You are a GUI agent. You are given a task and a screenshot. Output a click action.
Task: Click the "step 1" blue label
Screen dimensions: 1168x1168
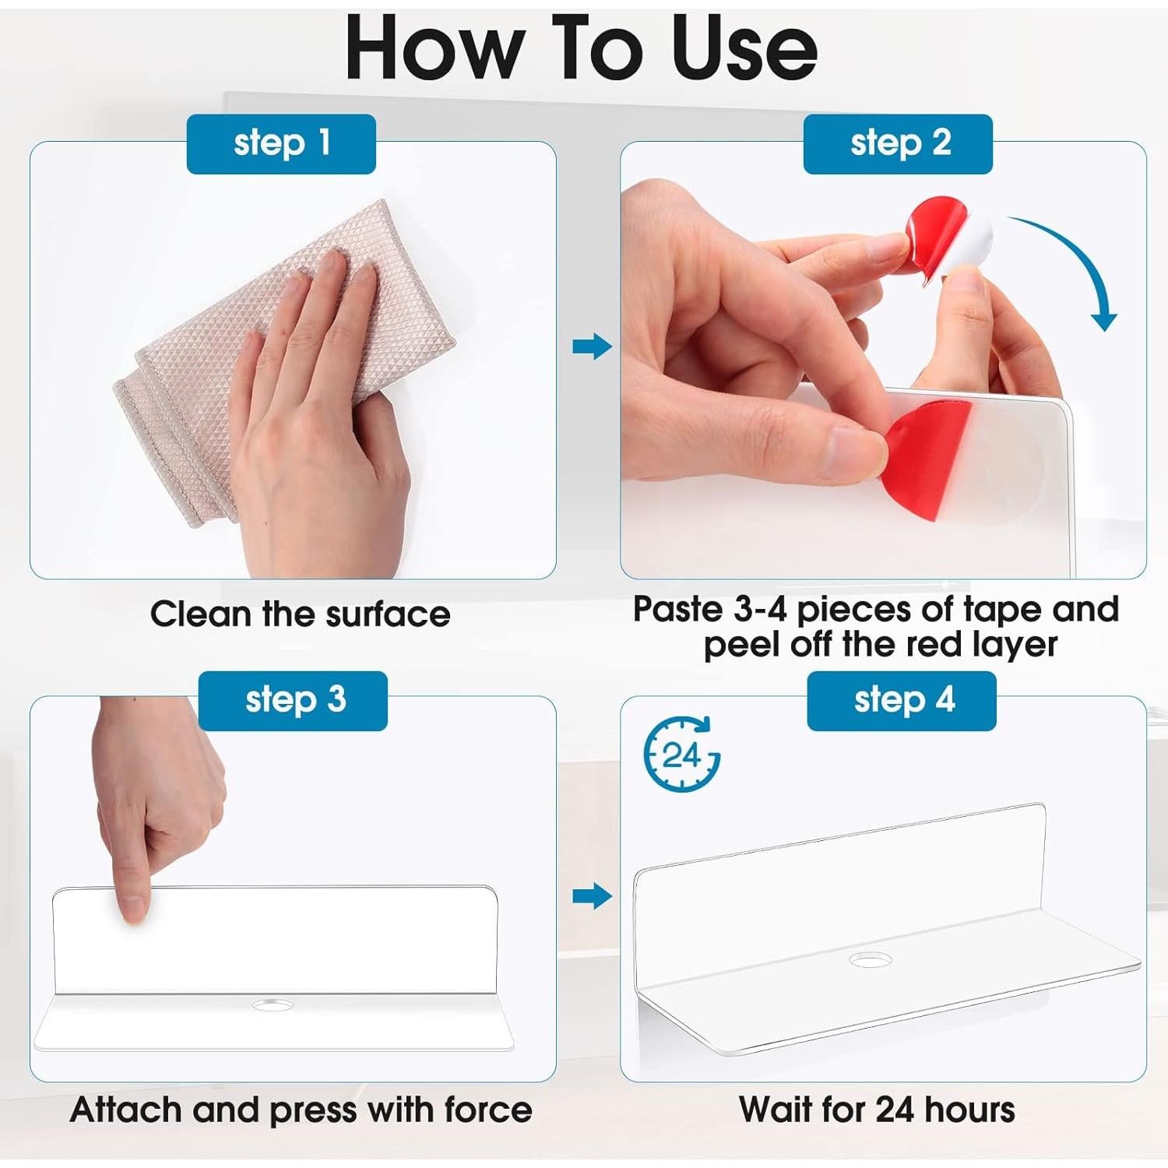281,144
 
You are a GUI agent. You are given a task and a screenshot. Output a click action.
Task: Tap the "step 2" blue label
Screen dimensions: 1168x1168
898,144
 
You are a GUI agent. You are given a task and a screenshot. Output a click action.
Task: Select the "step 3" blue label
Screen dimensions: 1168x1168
293,701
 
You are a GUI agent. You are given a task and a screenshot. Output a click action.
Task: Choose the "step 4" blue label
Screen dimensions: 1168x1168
902,701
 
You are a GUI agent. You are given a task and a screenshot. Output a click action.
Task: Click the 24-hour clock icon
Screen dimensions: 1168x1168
681,754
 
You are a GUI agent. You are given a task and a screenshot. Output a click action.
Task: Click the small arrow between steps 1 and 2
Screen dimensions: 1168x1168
592,347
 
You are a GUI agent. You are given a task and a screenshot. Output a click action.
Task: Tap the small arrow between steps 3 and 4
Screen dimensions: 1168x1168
592,896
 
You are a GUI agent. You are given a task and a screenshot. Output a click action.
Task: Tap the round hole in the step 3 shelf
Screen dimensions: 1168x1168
273,1005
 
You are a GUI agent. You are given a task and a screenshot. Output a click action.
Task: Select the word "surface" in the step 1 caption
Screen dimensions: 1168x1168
388,615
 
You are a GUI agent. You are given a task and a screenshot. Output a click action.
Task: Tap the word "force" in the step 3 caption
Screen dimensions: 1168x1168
488,1110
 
